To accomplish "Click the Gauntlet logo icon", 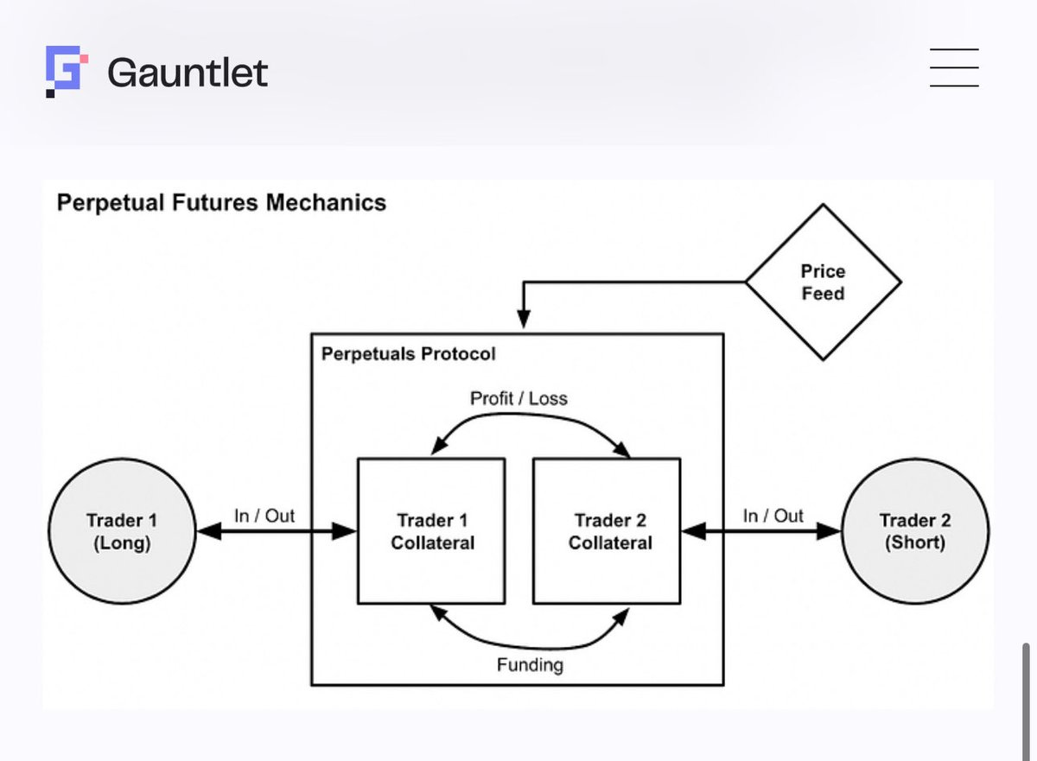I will [x=67, y=71].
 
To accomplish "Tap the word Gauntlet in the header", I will [x=188, y=73].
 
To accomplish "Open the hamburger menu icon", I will [x=954, y=68].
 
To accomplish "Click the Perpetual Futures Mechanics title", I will [x=221, y=203].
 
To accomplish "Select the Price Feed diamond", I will [x=823, y=282].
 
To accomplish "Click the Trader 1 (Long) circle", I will [x=121, y=531].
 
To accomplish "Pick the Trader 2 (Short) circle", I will [x=915, y=531].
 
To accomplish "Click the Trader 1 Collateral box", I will [x=431, y=531].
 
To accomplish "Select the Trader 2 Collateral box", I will [x=608, y=531].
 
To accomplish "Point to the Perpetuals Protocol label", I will [x=409, y=354].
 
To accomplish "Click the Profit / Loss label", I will [x=518, y=398].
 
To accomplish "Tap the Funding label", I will [x=530, y=665].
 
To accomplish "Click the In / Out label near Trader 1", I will [x=264, y=516].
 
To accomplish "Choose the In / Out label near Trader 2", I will [x=773, y=516].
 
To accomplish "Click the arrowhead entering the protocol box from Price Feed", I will [x=523, y=319].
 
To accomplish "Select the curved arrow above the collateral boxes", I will [x=531, y=419].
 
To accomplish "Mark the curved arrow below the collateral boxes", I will [x=531, y=644].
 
